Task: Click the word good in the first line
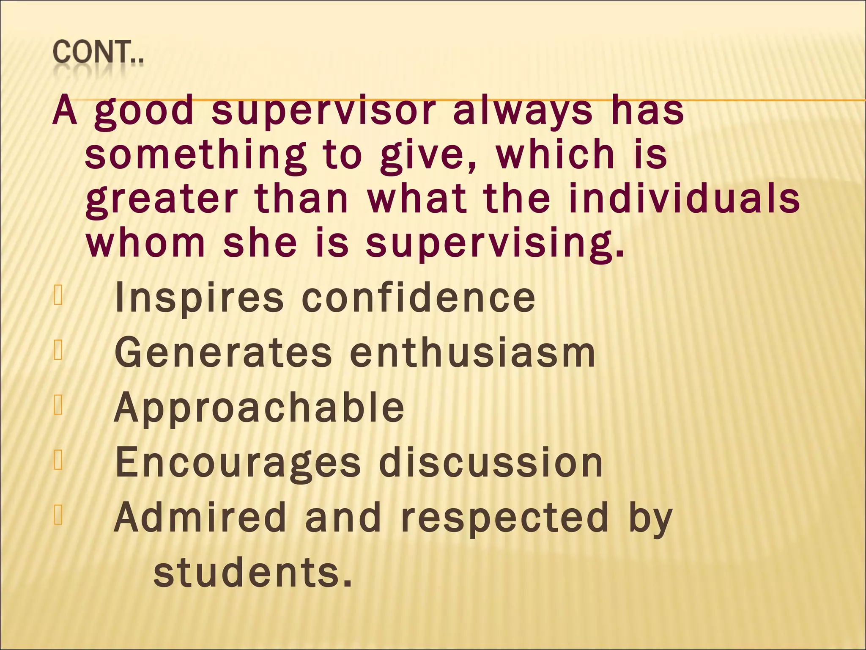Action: click(144, 111)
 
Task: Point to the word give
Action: click(427, 155)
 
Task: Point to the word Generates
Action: click(223, 353)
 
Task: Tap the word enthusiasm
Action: click(472, 353)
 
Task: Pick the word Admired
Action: click(200, 517)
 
